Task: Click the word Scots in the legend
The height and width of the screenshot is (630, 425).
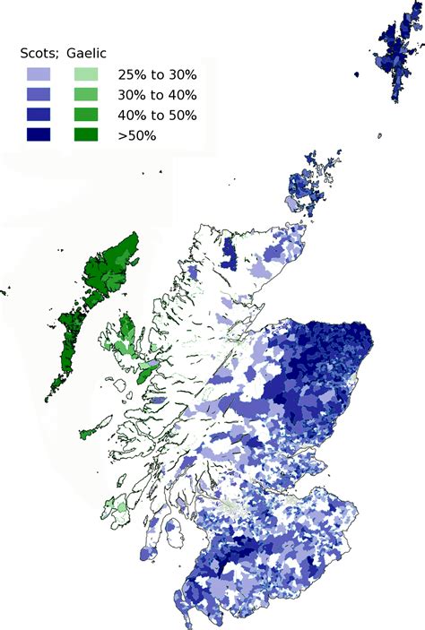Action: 36,54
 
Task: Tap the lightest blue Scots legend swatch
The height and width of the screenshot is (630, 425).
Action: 39,75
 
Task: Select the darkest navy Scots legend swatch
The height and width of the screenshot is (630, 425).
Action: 39,134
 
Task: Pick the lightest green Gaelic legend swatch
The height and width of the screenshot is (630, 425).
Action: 85,75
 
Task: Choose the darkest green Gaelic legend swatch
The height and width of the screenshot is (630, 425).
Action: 85,134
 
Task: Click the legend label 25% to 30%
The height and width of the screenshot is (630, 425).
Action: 157,75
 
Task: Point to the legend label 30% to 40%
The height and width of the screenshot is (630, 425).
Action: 157,95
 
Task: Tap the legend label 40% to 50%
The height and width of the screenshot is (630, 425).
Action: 157,115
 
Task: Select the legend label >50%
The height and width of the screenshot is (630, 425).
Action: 137,134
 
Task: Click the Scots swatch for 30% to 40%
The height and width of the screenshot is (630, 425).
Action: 39,95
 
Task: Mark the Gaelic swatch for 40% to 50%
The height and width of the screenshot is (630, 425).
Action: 85,115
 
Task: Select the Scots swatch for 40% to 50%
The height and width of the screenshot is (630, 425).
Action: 39,115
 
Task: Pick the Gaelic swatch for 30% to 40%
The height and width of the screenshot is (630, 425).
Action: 85,95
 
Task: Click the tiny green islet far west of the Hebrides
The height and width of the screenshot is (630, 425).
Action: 4,290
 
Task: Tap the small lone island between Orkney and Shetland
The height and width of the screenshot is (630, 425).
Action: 379,136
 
